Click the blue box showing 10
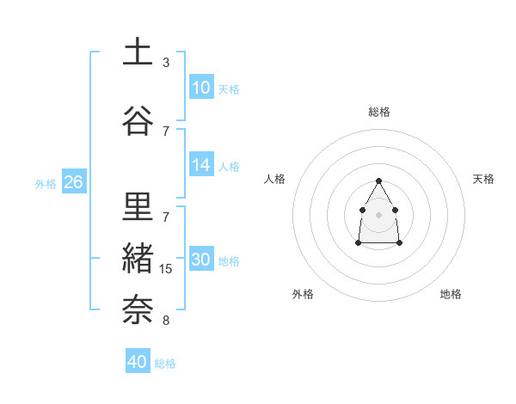201,88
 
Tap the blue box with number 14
201,166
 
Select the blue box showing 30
201,260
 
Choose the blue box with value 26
73,182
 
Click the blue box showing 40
138,362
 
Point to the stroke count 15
166,269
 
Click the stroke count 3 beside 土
166,63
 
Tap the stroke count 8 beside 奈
166,321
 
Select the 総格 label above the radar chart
379,112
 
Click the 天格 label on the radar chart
483,179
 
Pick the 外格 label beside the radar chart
303,294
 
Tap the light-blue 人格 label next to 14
229,167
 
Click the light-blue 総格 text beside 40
165,364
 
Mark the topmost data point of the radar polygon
378,181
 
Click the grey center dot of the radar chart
378,213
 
